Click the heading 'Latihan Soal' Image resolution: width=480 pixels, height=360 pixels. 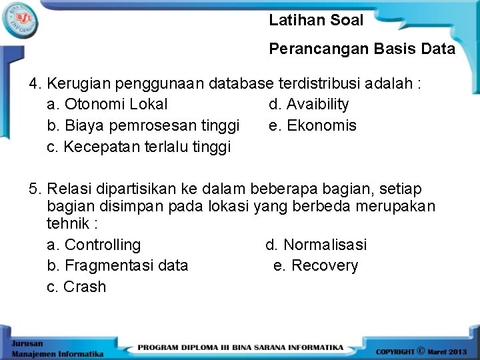point(316,20)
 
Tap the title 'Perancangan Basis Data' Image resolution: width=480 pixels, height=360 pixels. point(362,49)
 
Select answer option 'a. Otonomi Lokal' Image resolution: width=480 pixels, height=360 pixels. point(108,104)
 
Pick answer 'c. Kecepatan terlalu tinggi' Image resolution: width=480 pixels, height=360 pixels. point(139,147)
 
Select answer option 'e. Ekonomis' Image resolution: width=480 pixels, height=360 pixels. point(313,125)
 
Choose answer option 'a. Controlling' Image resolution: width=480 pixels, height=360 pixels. point(95,245)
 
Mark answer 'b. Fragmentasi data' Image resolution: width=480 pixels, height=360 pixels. point(118,265)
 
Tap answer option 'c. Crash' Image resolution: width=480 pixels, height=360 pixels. point(77,287)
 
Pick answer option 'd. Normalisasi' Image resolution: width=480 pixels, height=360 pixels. point(316,245)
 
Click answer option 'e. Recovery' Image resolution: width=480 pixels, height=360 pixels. point(316,265)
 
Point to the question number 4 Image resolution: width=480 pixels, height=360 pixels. point(35,84)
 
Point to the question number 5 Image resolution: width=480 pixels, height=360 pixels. point(35,189)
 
